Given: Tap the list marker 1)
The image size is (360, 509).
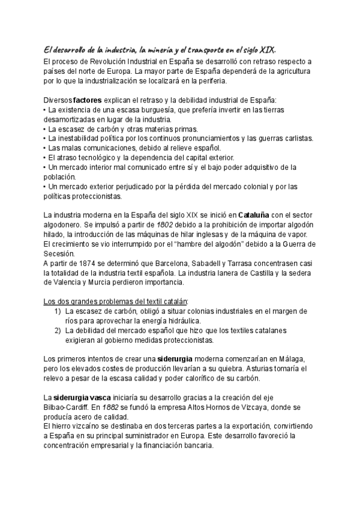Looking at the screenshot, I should (x=58, y=311).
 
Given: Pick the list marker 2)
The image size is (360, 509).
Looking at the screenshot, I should (x=58, y=330).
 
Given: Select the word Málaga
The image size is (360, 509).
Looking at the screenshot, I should (x=292, y=358).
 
